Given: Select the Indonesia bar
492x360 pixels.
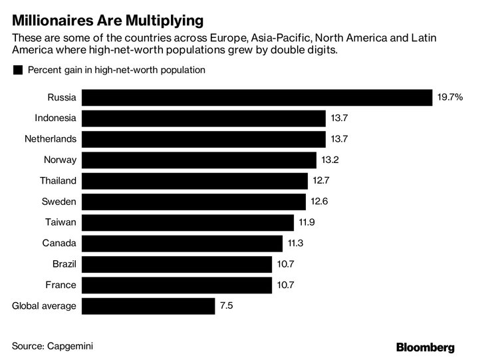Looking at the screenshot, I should [x=204, y=118].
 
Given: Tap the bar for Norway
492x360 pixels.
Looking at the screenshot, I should [x=200, y=160].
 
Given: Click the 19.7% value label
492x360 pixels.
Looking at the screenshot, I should [x=449, y=98].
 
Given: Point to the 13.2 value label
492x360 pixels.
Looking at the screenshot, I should [x=330, y=160].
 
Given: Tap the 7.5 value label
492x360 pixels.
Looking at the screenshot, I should [x=227, y=306].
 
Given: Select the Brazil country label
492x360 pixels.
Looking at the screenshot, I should [x=64, y=264].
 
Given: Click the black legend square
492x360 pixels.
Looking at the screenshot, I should [x=18, y=70].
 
